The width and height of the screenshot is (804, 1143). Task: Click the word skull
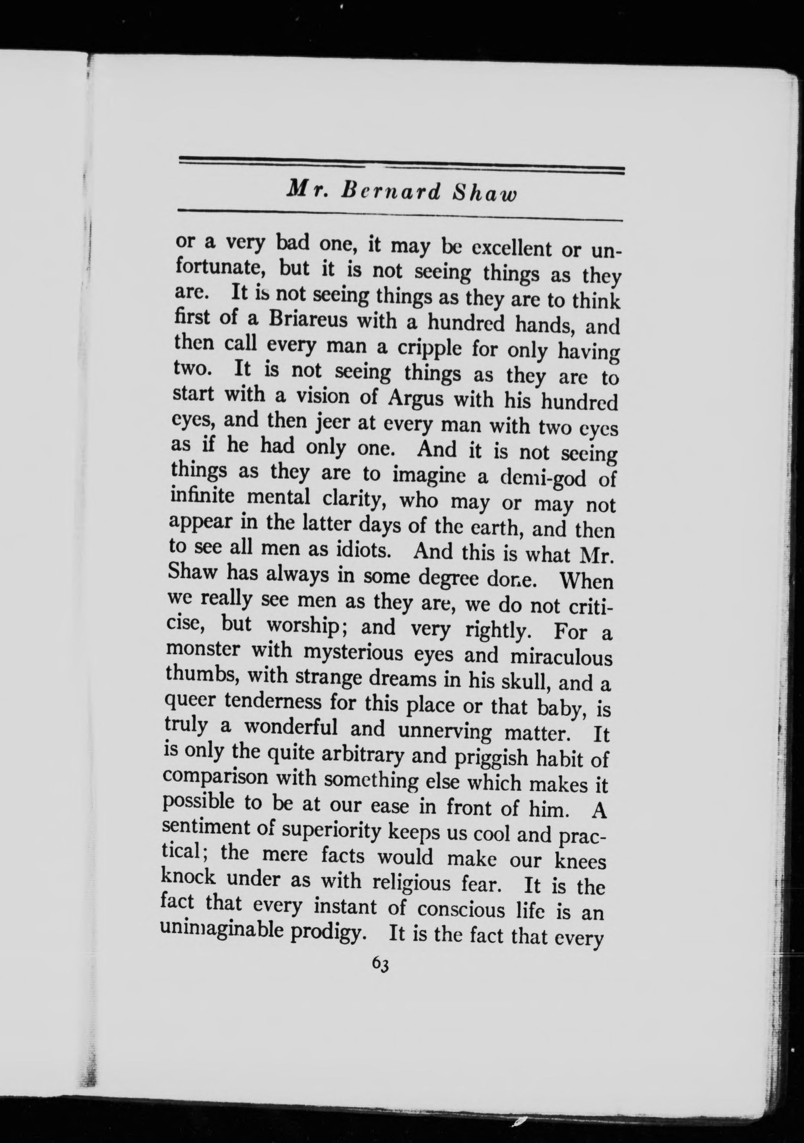coord(517,683)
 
